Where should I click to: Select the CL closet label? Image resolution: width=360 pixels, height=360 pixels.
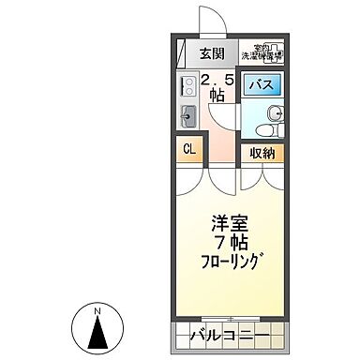(x=188, y=149)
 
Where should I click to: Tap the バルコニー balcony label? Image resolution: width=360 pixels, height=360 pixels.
(x=231, y=335)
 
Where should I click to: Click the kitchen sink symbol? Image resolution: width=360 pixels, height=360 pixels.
(x=186, y=115)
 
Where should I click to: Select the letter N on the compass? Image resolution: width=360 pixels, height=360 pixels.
(x=97, y=310)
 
